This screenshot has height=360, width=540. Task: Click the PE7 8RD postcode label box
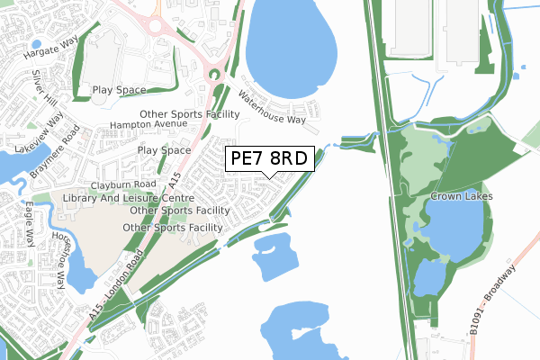coord(269,159)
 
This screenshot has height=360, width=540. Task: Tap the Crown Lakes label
coord(459,196)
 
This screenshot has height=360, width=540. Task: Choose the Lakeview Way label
coord(42,135)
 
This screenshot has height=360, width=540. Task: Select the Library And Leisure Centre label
coord(130,197)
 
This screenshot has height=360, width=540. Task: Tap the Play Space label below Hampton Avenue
coord(164,150)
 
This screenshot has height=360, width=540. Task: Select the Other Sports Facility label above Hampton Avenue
coord(189,114)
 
